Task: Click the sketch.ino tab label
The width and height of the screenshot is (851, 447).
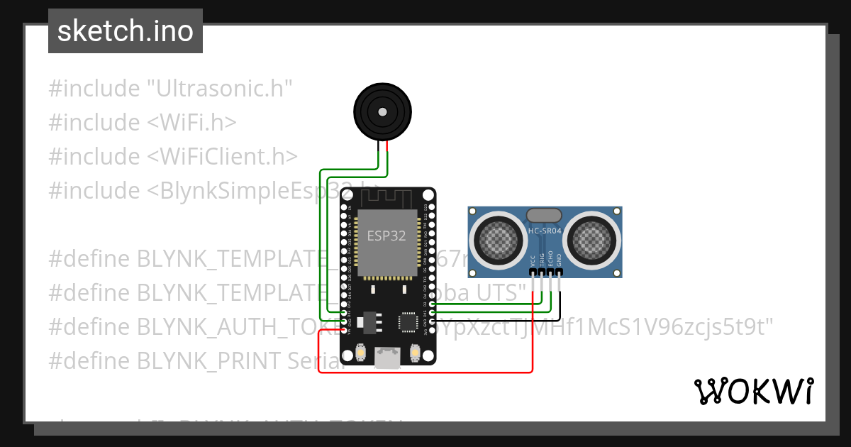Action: click(126, 31)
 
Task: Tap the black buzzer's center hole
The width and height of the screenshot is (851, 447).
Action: click(383, 111)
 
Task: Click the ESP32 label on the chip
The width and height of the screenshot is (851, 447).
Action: click(386, 236)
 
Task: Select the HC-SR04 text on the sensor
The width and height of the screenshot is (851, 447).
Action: click(545, 231)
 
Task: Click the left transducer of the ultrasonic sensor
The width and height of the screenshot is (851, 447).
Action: click(500, 238)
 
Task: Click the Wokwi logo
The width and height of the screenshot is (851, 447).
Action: click(753, 391)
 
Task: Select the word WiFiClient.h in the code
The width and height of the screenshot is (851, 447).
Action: click(223, 156)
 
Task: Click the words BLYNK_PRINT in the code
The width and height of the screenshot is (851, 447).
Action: click(209, 360)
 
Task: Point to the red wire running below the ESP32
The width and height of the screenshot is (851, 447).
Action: click(425, 372)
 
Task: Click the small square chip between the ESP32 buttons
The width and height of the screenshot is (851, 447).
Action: click(408, 322)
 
